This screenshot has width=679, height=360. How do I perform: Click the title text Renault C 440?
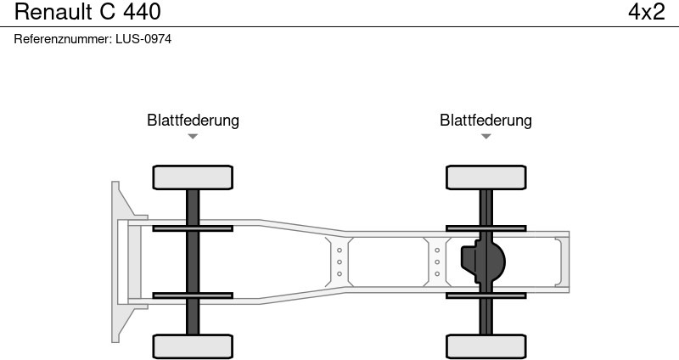pyautogui.click(x=87, y=12)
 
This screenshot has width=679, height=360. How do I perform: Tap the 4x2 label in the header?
pyautogui.click(x=646, y=12)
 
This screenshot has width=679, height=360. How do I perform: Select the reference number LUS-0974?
pyautogui.click(x=143, y=39)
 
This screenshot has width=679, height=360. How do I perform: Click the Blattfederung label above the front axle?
pyautogui.click(x=193, y=121)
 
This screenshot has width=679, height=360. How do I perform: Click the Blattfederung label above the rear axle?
pyautogui.click(x=485, y=121)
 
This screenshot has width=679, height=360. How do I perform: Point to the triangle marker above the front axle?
pyautogui.click(x=193, y=137)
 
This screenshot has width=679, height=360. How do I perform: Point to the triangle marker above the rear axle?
pyautogui.click(x=485, y=137)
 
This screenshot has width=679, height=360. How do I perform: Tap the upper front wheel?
pyautogui.click(x=193, y=177)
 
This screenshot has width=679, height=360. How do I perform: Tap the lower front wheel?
pyautogui.click(x=193, y=346)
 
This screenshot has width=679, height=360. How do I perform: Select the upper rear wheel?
pyautogui.click(x=485, y=177)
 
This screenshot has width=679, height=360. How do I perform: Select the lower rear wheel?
pyautogui.click(x=485, y=346)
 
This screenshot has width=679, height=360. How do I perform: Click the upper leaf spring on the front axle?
pyautogui.click(x=193, y=228)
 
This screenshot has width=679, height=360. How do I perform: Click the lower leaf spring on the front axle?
pyautogui.click(x=193, y=295)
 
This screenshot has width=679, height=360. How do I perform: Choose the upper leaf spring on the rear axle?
pyautogui.click(x=485, y=228)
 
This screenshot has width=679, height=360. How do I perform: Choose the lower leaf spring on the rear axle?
pyautogui.click(x=485, y=295)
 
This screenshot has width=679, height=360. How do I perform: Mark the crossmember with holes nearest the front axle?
pyautogui.click(x=339, y=262)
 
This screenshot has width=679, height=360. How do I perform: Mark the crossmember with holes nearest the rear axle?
pyautogui.click(x=436, y=262)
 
